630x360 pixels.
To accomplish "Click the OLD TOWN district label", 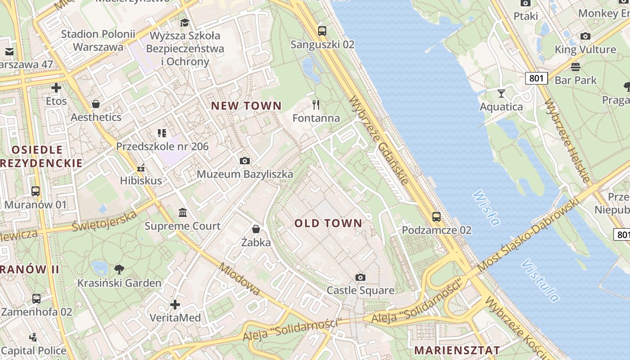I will (x=328, y=223).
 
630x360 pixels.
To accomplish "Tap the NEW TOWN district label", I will (x=246, y=106).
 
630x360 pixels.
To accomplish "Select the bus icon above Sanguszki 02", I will (x=322, y=31).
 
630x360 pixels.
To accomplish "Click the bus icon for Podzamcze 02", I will (x=436, y=217).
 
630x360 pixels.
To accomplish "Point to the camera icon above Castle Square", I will (x=360, y=277).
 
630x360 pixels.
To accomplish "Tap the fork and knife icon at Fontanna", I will (x=316, y=105).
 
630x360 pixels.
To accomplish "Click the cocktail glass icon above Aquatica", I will (x=501, y=94).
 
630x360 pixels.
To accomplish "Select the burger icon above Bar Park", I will (x=576, y=67).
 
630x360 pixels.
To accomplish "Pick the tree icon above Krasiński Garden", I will (x=119, y=270).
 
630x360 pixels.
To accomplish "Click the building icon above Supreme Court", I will (x=183, y=212).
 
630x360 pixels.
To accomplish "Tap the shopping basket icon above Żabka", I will (x=256, y=229).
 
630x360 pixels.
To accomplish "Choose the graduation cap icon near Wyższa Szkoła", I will (x=184, y=22).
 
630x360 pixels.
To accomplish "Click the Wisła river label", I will (x=486, y=208).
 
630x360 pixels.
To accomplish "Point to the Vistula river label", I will (x=540, y=280).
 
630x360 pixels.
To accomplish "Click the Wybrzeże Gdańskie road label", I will (x=380, y=140).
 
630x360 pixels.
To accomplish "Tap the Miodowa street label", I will (x=239, y=279).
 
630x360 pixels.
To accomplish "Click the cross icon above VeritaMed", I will (x=175, y=305).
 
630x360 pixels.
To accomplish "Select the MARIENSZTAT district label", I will (x=457, y=350).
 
